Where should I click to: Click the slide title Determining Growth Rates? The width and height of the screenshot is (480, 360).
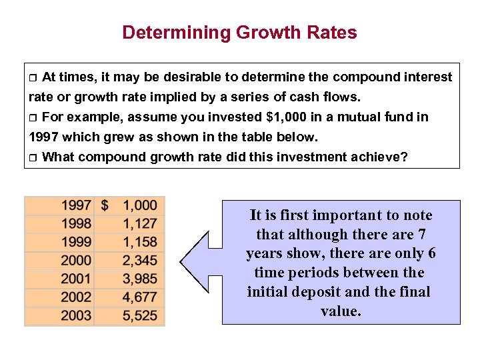click(239, 32)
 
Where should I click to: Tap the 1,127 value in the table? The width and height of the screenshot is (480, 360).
click(139, 224)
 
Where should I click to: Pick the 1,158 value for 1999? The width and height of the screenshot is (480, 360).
click(139, 242)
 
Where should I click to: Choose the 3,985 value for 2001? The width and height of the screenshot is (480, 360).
click(139, 279)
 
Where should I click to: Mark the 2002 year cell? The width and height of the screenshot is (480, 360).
click(76, 297)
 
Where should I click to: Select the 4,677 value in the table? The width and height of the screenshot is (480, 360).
click(139, 297)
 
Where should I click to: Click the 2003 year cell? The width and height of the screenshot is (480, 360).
click(76, 315)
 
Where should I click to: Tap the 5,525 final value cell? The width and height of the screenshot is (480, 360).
click(139, 315)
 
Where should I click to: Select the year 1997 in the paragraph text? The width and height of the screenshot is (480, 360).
click(45, 137)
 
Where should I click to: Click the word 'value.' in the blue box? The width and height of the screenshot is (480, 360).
click(341, 311)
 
